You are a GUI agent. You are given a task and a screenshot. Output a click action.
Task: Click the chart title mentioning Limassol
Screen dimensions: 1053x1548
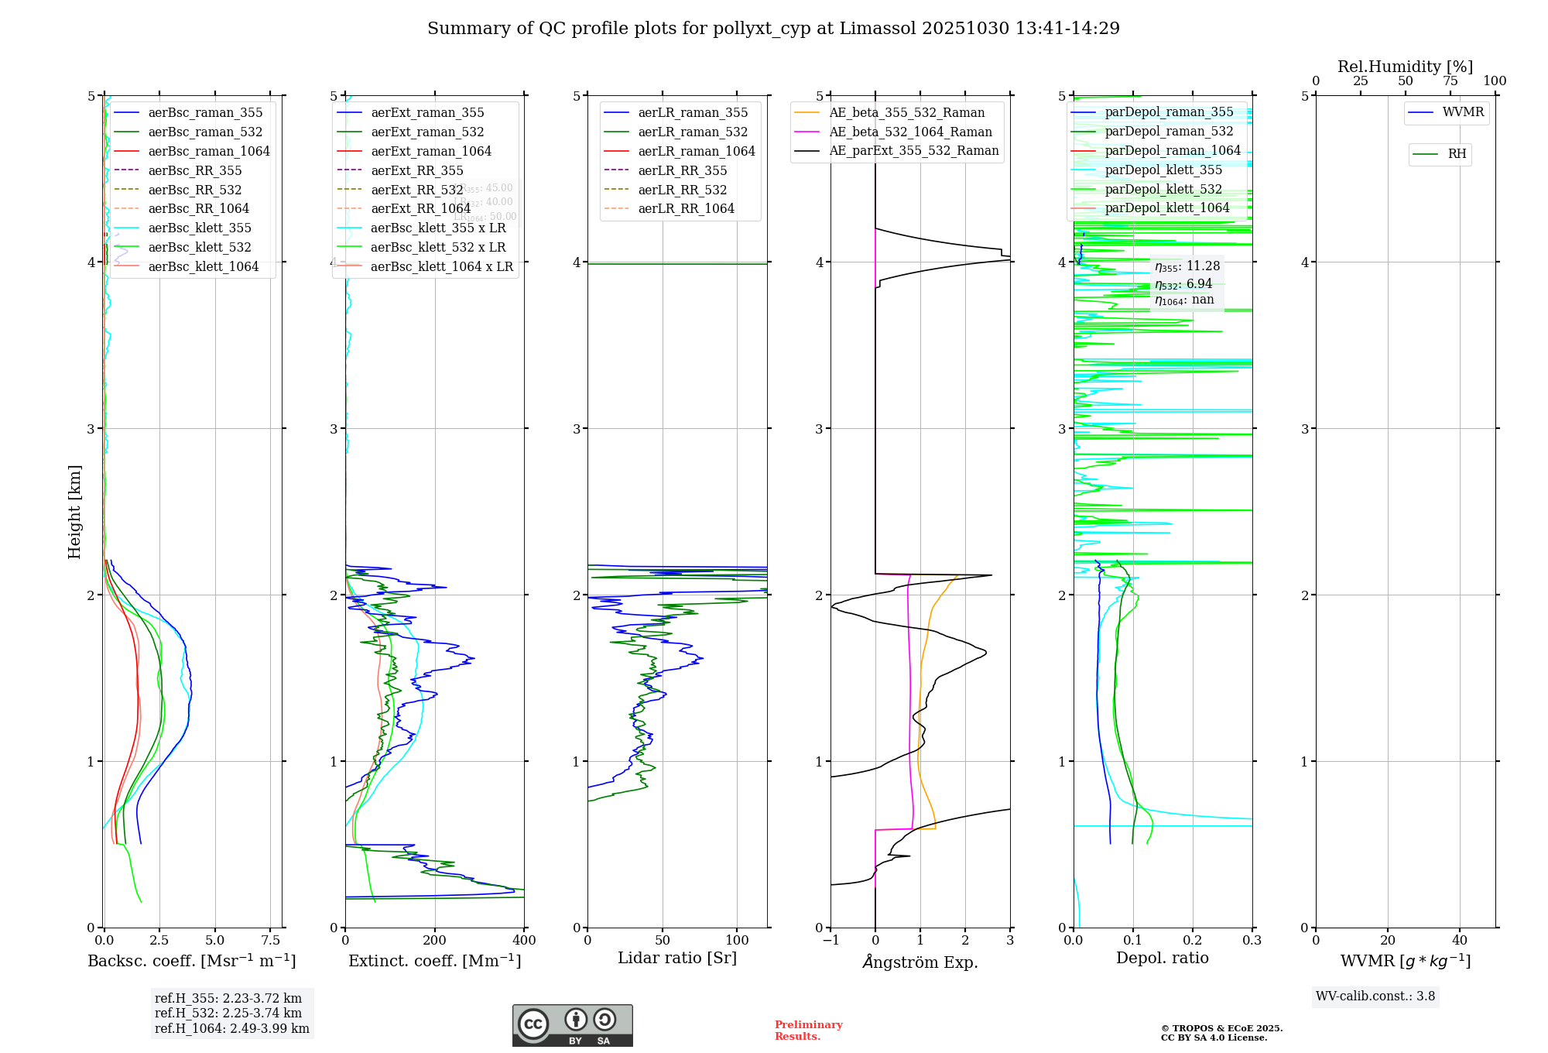[x=773, y=29]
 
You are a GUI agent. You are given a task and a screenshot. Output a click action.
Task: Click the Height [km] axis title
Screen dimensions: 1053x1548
[x=74, y=511]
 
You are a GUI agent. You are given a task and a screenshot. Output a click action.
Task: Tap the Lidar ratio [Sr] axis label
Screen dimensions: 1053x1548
[x=677, y=958]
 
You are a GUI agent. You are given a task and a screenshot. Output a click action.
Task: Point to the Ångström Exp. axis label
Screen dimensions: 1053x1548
[x=920, y=962]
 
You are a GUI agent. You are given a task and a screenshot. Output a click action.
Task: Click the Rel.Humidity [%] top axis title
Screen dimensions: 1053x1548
[x=1405, y=67]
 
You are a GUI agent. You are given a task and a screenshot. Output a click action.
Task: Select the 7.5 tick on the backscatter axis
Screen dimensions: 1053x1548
[x=271, y=941]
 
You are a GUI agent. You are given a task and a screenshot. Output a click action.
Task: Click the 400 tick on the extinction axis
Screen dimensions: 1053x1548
[x=525, y=941]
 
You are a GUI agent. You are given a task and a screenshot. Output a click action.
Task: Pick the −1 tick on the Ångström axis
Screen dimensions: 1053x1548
[x=831, y=941]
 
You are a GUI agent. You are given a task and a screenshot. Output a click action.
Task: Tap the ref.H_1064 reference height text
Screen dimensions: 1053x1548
[x=232, y=1028]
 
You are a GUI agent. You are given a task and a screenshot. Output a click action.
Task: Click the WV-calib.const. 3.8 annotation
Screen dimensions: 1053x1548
[x=1375, y=996]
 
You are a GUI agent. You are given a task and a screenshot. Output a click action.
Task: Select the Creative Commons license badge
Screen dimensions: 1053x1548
[x=572, y=1025]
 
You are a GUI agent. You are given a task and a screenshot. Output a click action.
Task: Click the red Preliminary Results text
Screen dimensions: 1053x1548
[x=808, y=1030]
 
